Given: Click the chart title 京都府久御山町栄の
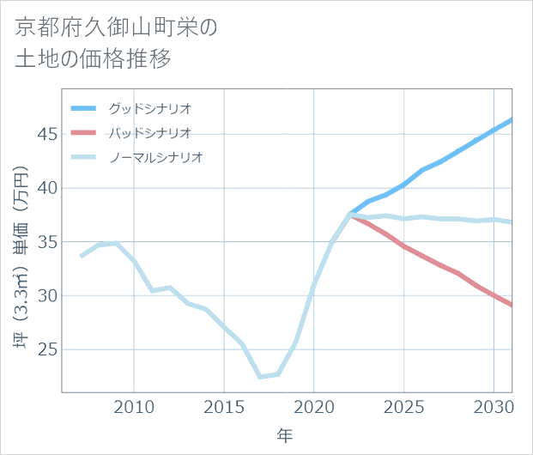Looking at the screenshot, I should pos(117,27).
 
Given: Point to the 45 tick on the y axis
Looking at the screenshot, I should pos(46,134).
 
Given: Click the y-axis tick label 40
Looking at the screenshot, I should pos(46,188).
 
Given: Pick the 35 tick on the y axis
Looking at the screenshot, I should pos(46,242).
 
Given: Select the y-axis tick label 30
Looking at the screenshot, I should pos(46,296).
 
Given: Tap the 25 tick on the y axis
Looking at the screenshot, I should pos(46,350).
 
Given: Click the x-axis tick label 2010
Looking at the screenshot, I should pos(135,406).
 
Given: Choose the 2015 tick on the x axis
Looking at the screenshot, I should pos(224,406).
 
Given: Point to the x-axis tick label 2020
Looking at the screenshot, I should pos(314,406).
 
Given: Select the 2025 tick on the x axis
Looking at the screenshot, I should pos(403,406).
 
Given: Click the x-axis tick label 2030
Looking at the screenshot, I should pos(494,406).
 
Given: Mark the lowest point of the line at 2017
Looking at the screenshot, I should pos(260,377).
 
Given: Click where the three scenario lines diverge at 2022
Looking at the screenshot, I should pos(350,215).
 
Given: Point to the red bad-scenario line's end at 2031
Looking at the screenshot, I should pos(512,305).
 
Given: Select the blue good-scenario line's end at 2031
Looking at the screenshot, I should pos(512,119).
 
